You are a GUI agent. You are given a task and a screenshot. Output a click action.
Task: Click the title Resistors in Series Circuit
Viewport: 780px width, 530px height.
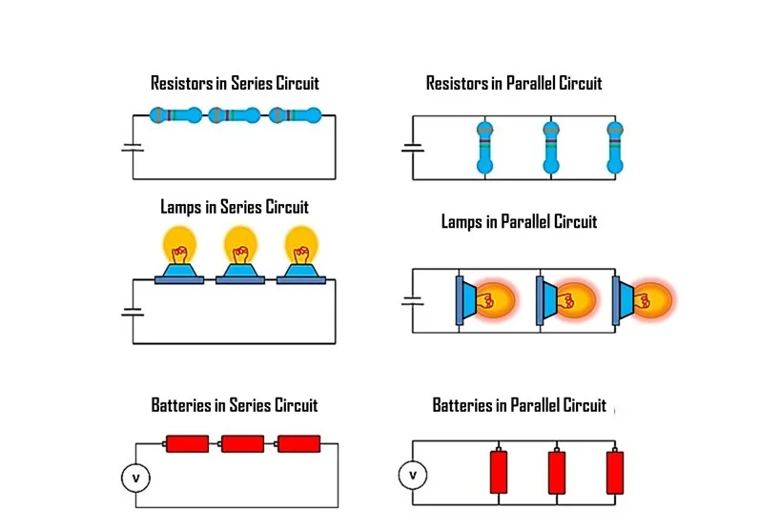pyautogui.click(x=235, y=84)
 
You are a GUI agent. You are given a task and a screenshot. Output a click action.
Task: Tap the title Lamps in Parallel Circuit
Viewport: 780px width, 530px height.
pyautogui.click(x=519, y=222)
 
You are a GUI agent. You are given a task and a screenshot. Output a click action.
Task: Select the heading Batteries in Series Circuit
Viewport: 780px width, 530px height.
pyautogui.click(x=235, y=405)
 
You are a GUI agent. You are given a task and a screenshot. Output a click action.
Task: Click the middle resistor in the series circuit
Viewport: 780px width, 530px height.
pyautogui.click(x=234, y=115)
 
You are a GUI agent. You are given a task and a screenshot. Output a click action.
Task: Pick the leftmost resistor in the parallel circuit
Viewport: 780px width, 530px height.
pyautogui.click(x=484, y=148)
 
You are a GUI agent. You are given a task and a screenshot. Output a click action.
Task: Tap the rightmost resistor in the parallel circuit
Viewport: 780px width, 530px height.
pyautogui.click(x=614, y=148)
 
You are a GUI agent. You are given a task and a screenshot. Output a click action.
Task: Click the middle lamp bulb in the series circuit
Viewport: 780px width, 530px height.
pyautogui.click(x=239, y=247)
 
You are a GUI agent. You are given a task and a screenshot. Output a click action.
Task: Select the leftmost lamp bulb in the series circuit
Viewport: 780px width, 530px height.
pyautogui.click(x=177, y=247)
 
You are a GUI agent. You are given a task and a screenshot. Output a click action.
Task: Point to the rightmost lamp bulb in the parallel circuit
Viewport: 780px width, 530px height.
pyautogui.click(x=651, y=299)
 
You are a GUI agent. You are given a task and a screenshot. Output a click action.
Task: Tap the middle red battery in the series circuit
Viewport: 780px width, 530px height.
pyautogui.click(x=242, y=443)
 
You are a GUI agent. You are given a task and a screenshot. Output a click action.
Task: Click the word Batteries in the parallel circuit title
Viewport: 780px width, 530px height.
pyautogui.click(x=462, y=405)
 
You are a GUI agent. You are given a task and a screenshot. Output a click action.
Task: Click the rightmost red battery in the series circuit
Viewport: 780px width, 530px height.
pyautogui.click(x=298, y=443)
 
